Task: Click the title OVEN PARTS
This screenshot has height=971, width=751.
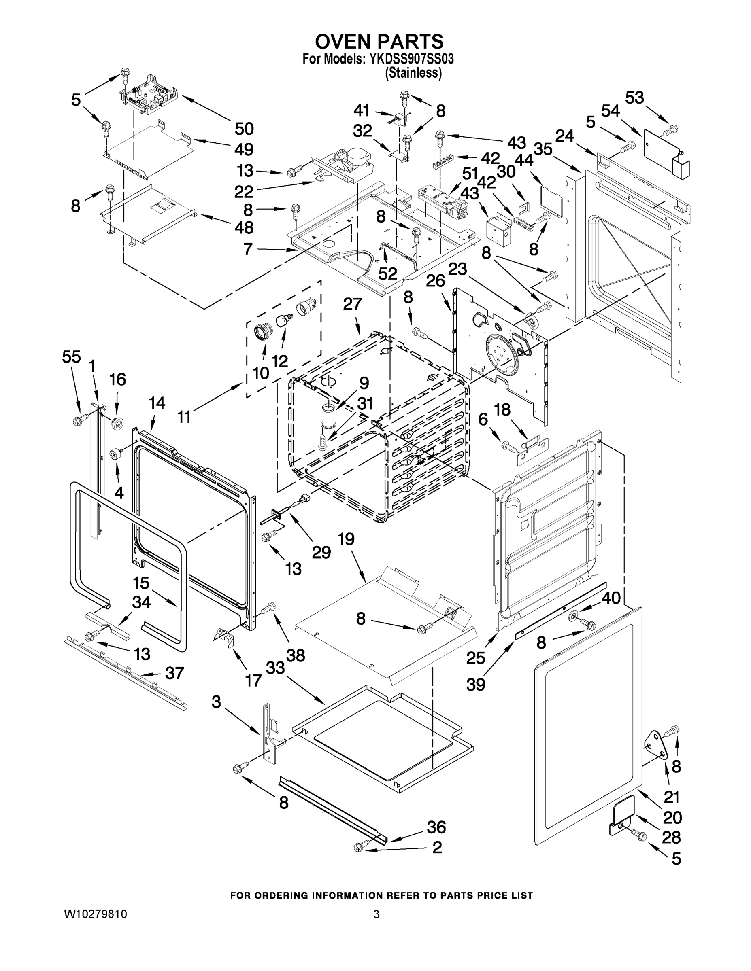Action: (x=379, y=41)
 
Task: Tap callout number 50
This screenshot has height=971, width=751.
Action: (x=244, y=129)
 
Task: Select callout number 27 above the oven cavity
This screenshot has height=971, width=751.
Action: (x=352, y=305)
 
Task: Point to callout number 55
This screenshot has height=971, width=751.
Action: (x=72, y=356)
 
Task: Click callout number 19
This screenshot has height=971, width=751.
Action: (x=346, y=539)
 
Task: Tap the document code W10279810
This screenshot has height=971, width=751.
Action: (x=96, y=914)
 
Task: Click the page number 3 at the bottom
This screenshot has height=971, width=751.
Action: (x=377, y=914)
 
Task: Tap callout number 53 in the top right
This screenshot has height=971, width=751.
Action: (x=634, y=97)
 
